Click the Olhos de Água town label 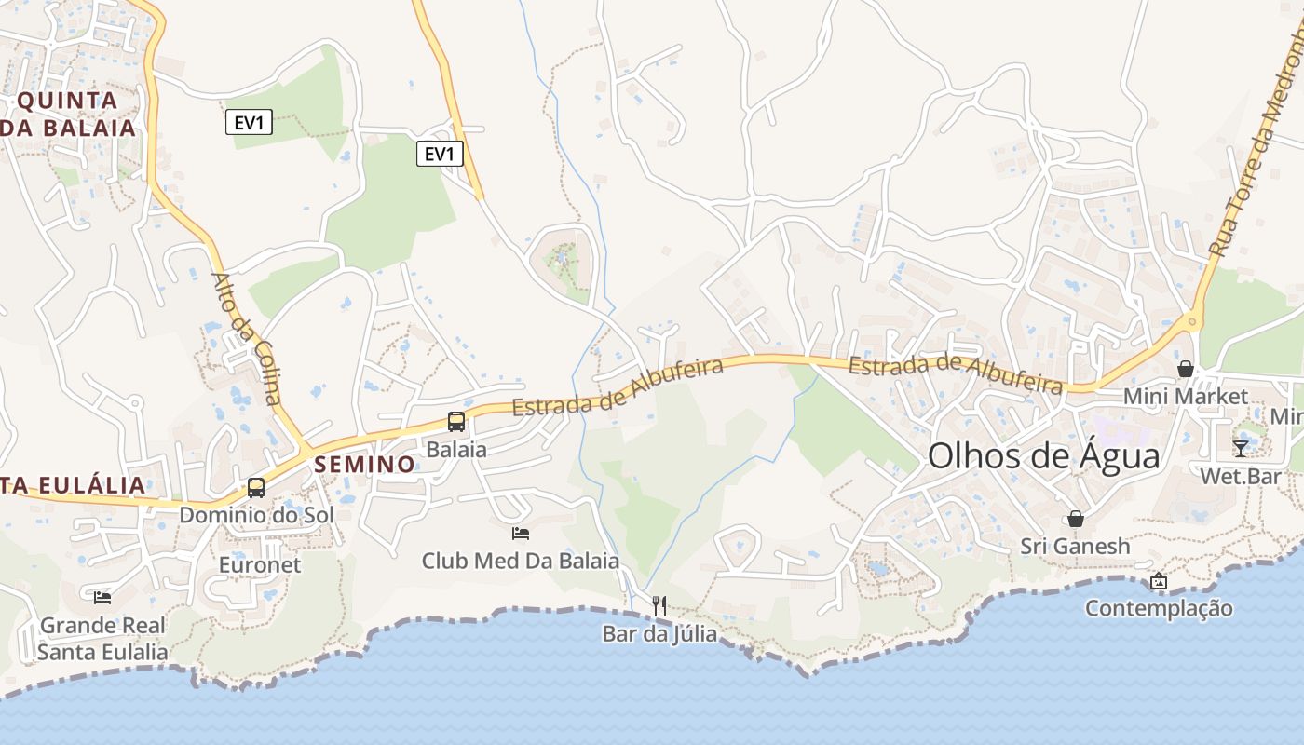click(x=1044, y=456)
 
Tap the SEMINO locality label click(x=365, y=464)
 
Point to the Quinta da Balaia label click(x=70, y=115)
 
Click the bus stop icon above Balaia click(x=456, y=421)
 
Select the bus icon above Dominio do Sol click(x=255, y=487)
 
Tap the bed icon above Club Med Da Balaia click(x=521, y=534)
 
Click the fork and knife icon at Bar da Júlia click(x=659, y=606)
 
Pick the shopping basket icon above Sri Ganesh click(x=1076, y=519)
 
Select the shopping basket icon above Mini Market click(x=1186, y=369)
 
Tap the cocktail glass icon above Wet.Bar click(x=1241, y=449)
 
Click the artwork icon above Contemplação click(x=1159, y=581)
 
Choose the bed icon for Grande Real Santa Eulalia click(x=102, y=597)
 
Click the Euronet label click(x=260, y=564)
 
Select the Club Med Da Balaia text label click(x=520, y=561)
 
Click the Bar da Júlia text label click(x=659, y=634)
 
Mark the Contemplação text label click(x=1159, y=608)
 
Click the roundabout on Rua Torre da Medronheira click(x=1192, y=322)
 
